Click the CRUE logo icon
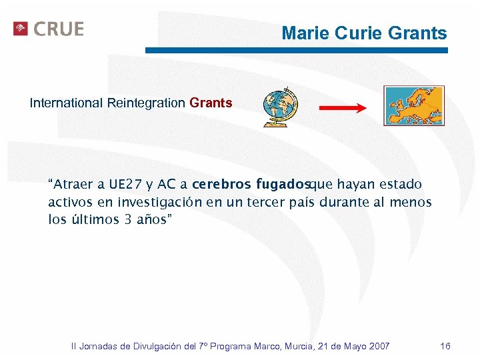[x=21, y=29]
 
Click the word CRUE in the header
[x=59, y=29]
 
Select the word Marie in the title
[x=303, y=33]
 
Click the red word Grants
[x=211, y=103]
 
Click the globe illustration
[x=281, y=107]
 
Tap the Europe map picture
[x=413, y=105]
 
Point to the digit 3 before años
[x=128, y=219]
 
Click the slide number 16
[x=445, y=346]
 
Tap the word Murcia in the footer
[x=301, y=346]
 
